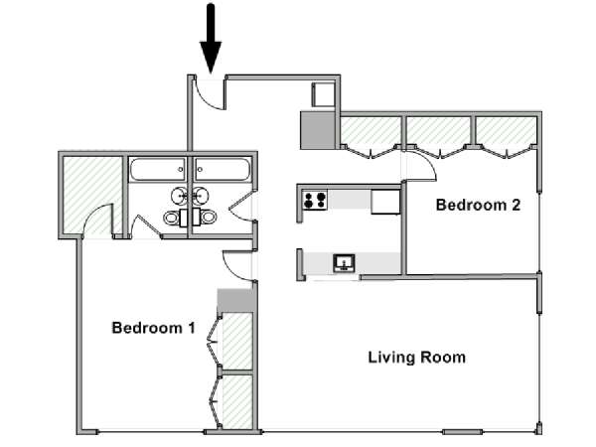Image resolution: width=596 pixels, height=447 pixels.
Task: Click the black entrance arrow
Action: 211,38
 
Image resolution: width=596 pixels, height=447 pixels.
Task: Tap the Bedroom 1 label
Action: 154,328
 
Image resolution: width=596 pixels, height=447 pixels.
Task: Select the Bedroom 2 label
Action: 478,205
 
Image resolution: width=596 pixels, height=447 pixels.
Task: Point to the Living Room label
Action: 417,358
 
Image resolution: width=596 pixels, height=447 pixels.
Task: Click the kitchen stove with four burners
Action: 315,200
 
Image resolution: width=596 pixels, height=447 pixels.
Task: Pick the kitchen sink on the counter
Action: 344,263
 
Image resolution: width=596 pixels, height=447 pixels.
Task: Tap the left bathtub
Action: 157,170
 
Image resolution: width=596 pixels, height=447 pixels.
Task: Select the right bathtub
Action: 222,170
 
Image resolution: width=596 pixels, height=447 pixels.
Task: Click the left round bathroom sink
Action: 179,196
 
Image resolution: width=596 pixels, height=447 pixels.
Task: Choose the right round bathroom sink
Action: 201,196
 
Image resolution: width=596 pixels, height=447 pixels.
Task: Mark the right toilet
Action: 205,218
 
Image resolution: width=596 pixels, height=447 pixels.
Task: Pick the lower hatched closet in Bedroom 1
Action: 237,401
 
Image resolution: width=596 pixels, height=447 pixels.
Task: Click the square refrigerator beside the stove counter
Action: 385,202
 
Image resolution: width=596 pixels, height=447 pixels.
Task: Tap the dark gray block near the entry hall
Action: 318,129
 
